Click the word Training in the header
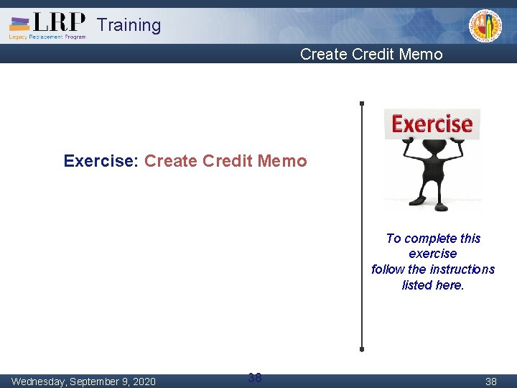(x=129, y=25)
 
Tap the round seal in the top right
(x=485, y=27)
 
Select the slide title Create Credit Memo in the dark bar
(x=371, y=54)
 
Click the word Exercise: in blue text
(x=101, y=161)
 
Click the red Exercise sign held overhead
(x=432, y=124)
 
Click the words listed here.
(x=433, y=285)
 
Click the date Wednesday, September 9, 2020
(x=83, y=381)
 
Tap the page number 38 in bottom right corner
(x=490, y=382)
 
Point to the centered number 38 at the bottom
(x=254, y=377)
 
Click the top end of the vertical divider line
(x=362, y=103)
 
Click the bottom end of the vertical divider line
(x=362, y=348)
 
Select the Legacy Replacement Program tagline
(x=47, y=37)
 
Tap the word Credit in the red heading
(x=228, y=161)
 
